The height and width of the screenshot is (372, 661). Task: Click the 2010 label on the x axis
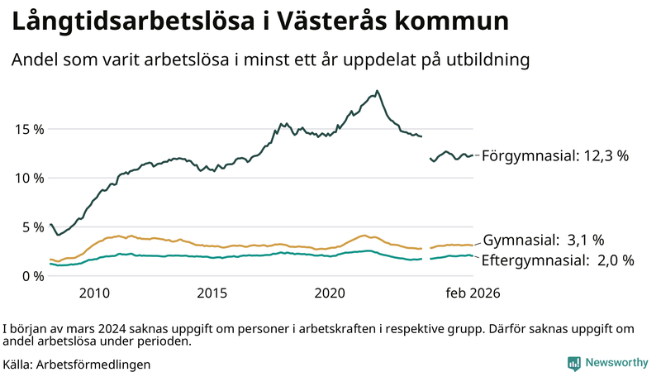coord(94,293)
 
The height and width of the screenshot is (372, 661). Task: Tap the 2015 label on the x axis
coord(212,293)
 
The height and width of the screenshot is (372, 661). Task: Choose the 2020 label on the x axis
coord(330,293)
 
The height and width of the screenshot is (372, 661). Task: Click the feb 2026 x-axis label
coord(473,293)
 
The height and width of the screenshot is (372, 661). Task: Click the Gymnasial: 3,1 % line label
coord(544,241)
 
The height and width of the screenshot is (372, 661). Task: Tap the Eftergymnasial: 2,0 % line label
coord(558,260)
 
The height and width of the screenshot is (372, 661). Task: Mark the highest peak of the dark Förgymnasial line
coord(377,91)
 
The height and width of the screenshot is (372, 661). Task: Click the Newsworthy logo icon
coord(573,362)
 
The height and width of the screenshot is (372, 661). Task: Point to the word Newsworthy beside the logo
coord(616,362)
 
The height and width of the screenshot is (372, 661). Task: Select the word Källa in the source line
coord(18,363)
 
